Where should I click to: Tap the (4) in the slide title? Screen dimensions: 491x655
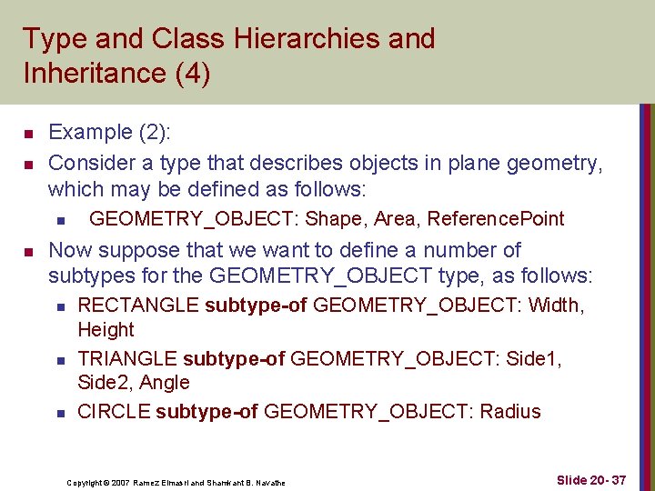click(x=194, y=74)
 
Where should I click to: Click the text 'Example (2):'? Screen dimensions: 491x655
click(x=110, y=133)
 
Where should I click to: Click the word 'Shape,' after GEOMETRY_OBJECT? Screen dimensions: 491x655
click(x=333, y=219)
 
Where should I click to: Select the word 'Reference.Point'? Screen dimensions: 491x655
click(x=496, y=219)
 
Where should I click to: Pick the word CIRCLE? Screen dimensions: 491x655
click(x=114, y=412)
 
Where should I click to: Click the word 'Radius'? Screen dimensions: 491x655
click(x=510, y=412)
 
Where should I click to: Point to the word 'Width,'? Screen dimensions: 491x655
click(x=554, y=306)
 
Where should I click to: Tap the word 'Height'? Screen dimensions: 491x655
click(x=106, y=330)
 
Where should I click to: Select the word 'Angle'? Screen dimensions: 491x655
click(x=166, y=383)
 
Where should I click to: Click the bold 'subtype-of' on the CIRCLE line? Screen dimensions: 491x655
click(x=207, y=412)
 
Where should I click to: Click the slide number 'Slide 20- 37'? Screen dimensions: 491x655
click(x=591, y=479)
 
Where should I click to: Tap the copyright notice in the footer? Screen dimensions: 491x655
click(x=176, y=483)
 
